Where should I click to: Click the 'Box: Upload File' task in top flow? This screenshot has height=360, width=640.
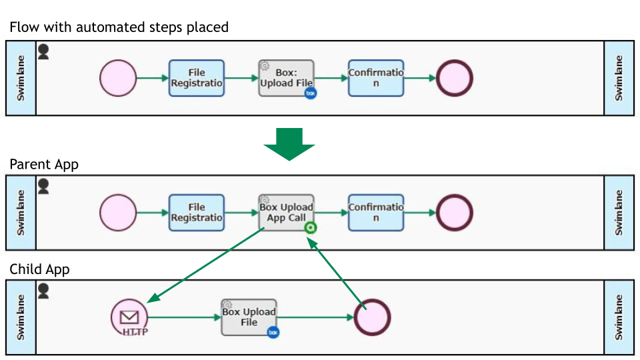(x=286, y=78)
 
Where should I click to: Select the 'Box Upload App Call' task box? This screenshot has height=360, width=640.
(x=286, y=213)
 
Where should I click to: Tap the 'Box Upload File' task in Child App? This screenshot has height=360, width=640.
(x=249, y=317)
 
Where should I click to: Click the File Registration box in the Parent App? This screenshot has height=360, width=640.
(x=197, y=213)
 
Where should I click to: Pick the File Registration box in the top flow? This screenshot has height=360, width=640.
(x=197, y=78)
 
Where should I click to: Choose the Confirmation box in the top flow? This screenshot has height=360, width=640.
(x=376, y=78)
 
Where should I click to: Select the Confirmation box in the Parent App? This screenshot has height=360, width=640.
(x=376, y=213)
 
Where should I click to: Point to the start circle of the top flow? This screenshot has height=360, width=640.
(x=118, y=78)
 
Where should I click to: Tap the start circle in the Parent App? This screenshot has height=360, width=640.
(x=118, y=213)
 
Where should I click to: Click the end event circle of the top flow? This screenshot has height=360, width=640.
(x=454, y=78)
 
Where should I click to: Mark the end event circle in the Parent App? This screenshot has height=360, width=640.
(x=454, y=213)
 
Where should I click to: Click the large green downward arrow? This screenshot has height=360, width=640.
(x=289, y=143)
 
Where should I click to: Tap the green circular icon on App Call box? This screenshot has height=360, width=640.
(x=310, y=228)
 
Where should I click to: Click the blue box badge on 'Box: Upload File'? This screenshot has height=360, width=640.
(x=310, y=93)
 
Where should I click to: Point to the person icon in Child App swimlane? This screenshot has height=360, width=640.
(x=43, y=291)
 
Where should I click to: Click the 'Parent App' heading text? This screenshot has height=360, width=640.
(x=44, y=164)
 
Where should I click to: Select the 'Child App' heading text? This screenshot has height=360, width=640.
(x=39, y=269)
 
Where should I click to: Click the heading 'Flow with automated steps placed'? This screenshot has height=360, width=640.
(x=119, y=27)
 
